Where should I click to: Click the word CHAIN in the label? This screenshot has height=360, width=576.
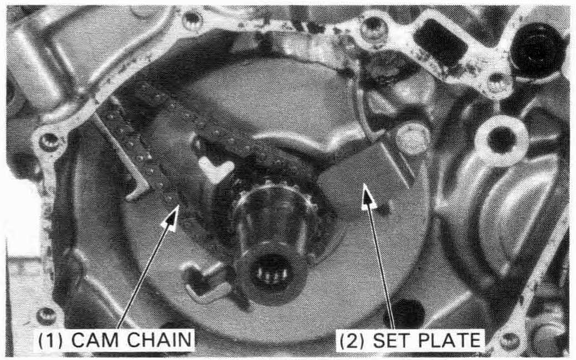click(x=160, y=340)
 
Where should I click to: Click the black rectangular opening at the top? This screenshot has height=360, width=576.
click(x=440, y=42)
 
